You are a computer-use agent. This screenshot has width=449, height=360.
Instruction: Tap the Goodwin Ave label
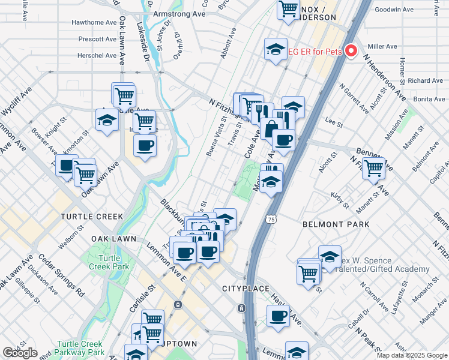click(394, 10)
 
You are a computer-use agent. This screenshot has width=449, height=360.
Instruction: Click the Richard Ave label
click(425, 80)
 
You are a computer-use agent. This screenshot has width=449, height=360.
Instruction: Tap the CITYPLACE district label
click(246, 289)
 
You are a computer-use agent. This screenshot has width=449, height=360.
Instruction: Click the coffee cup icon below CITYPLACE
click(278, 316)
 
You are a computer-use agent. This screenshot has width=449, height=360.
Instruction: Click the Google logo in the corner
click(20, 353)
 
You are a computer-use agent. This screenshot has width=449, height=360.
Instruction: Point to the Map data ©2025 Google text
click(412, 355)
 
